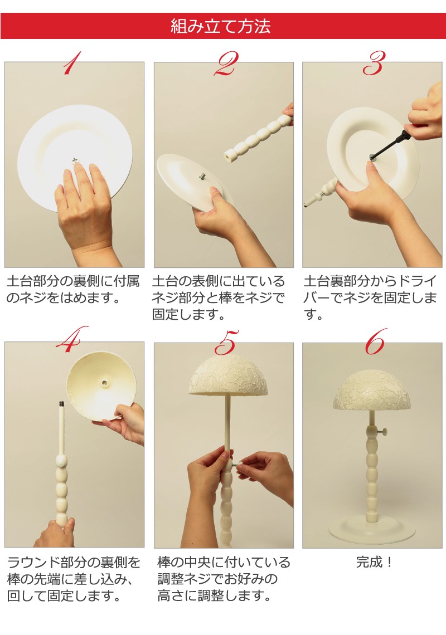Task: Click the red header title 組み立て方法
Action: coord(220,26)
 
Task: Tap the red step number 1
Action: coord(72,63)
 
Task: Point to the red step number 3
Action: coord(374,63)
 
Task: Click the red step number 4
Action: coord(72,339)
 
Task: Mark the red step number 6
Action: coord(375,341)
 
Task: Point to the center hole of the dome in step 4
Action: coord(106,382)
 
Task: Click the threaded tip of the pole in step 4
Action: coord(62,404)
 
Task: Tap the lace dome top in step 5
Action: coord(228,375)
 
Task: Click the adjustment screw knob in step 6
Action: coord(382,432)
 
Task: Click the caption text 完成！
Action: coord(374,563)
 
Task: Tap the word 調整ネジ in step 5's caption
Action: coord(183,579)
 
